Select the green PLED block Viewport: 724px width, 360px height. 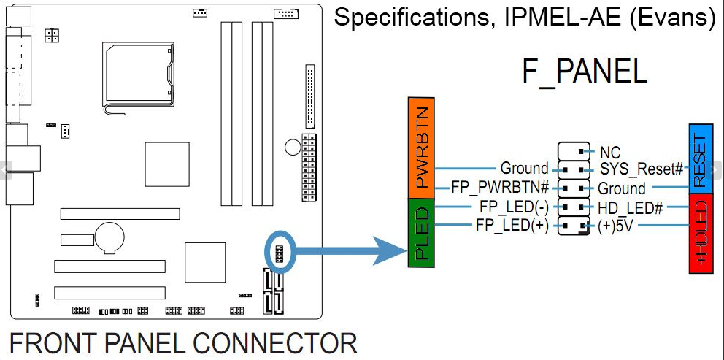[421, 233]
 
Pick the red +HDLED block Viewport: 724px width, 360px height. [701, 234]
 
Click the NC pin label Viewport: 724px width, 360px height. [609, 153]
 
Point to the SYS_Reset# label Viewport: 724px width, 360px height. [642, 169]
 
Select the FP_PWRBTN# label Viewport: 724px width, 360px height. [500, 188]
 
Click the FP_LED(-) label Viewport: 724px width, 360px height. [514, 207]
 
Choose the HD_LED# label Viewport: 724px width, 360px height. [631, 207]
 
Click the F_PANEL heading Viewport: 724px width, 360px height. [584, 72]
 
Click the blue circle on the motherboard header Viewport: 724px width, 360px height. [280, 253]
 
